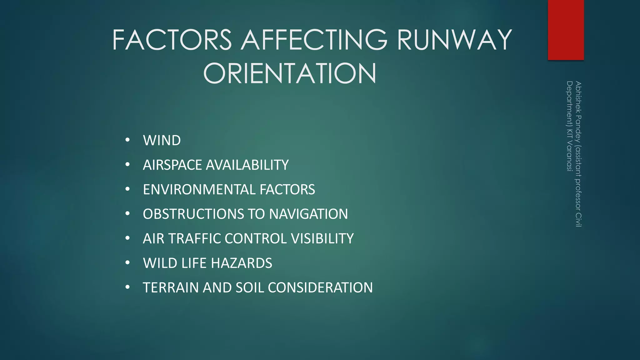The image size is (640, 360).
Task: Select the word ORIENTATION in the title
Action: (x=290, y=73)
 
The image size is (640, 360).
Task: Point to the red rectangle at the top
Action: (x=566, y=30)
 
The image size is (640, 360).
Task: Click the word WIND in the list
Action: (x=162, y=140)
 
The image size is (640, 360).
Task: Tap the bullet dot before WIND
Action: (x=127, y=140)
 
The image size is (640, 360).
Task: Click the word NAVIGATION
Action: (x=308, y=214)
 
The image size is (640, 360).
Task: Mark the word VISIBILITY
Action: (x=322, y=239)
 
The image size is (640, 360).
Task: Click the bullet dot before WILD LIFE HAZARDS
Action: (x=127, y=263)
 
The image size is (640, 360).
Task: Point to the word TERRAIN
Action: (x=171, y=288)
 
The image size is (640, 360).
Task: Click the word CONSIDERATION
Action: (x=320, y=288)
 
